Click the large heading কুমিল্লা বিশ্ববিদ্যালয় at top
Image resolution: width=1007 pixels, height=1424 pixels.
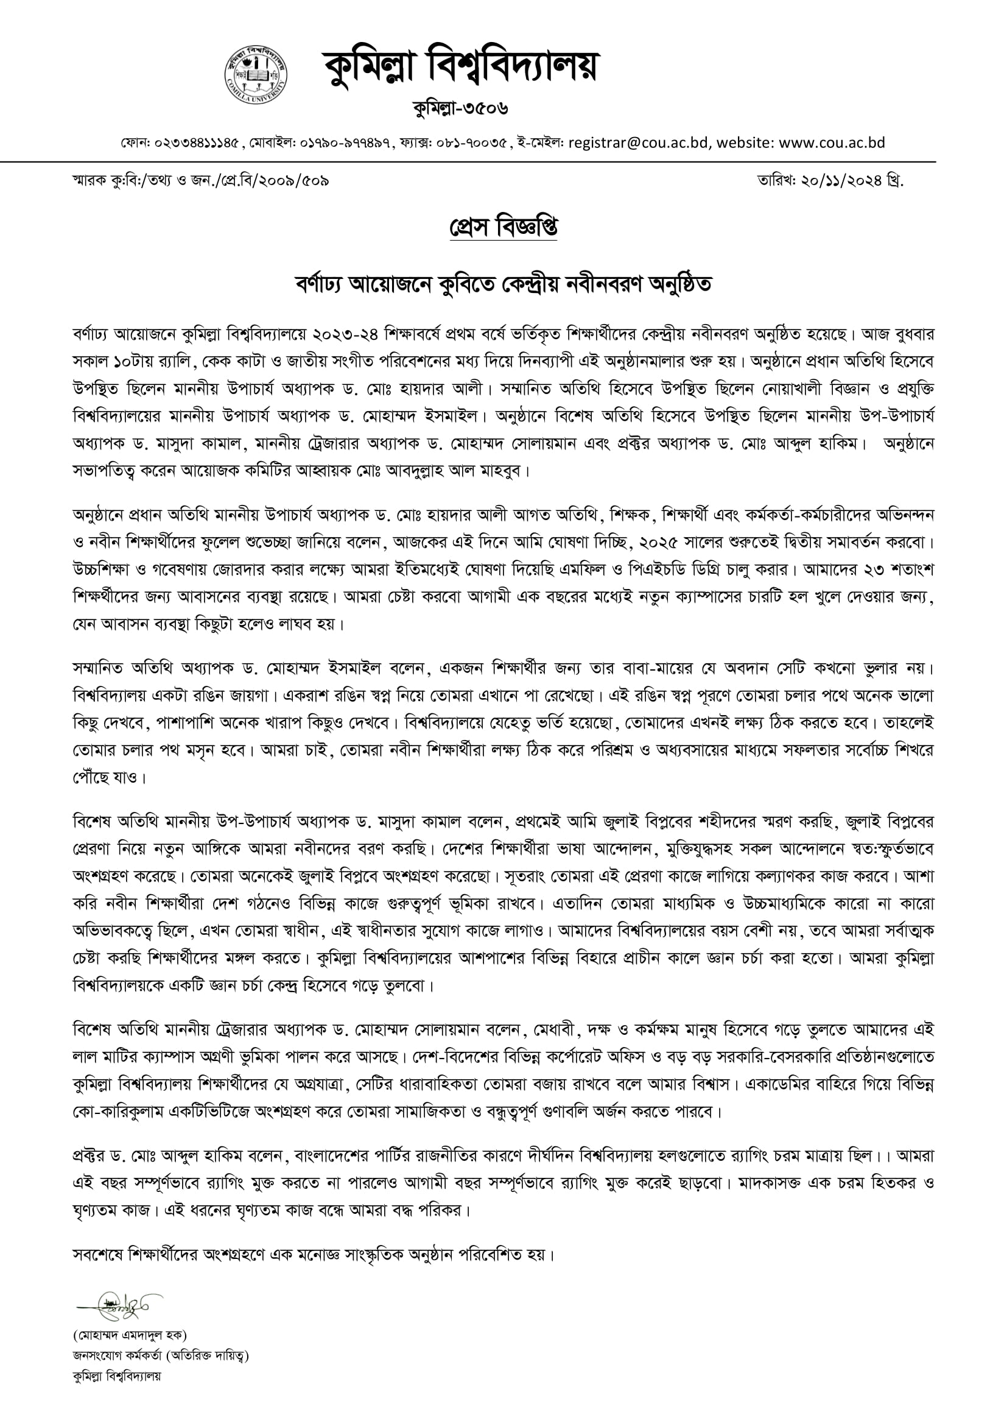[460, 67]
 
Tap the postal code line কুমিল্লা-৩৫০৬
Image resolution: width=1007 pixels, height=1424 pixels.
[460, 108]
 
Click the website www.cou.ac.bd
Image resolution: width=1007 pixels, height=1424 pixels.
[832, 143]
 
